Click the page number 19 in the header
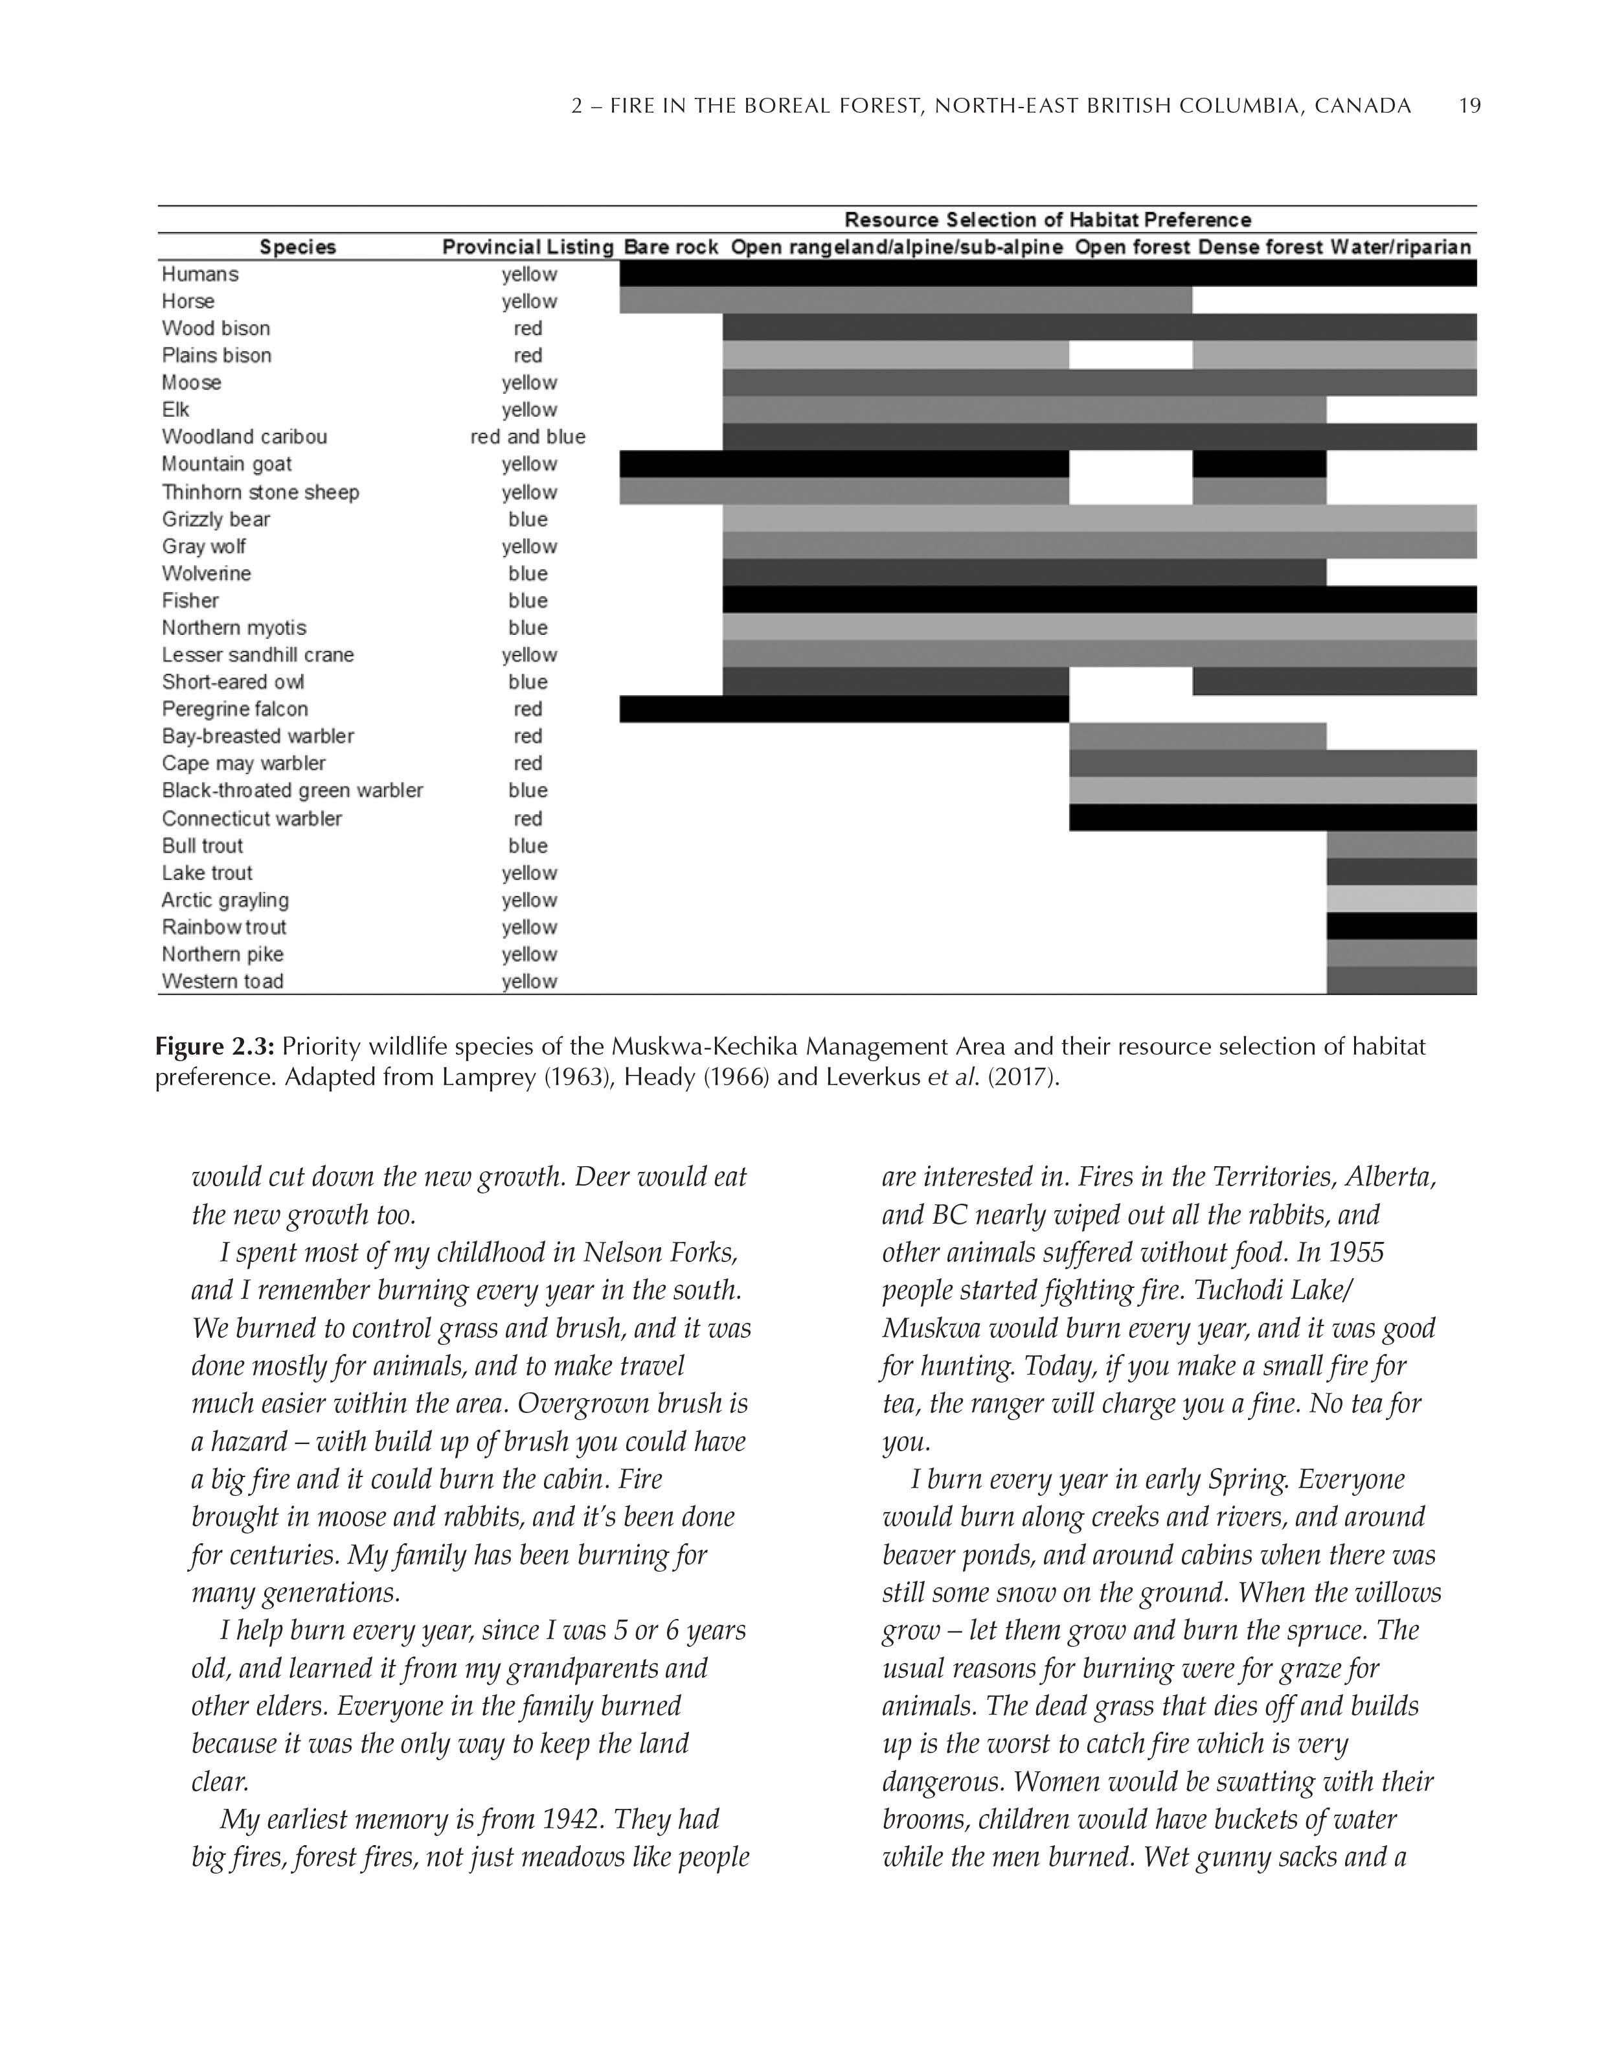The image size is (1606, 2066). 1469,106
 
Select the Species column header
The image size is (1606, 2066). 298,247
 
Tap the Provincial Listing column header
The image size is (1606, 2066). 528,247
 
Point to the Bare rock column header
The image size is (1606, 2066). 671,247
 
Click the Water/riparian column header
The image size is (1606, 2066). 1401,247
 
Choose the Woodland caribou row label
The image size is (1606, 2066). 244,437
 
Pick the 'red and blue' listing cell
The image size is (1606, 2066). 528,437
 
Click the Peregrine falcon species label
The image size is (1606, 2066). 234,709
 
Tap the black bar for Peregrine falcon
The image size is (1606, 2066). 844,709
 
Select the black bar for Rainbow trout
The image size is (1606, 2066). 1401,926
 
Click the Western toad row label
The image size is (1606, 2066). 222,981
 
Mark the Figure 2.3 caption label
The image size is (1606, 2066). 215,1046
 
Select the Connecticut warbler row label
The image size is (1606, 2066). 252,818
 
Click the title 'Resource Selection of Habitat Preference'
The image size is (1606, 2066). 1047,220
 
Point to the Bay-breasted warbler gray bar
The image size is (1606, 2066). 1197,736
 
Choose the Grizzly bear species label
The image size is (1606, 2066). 216,520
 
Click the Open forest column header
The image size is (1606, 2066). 1131,247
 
